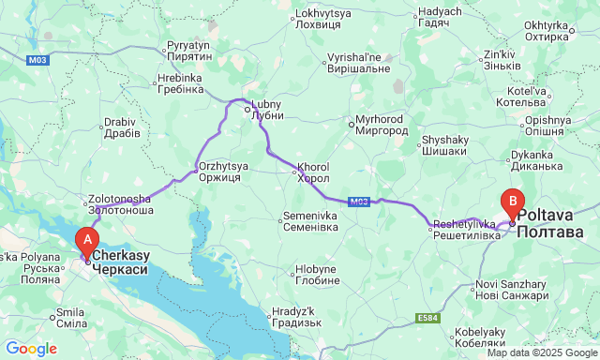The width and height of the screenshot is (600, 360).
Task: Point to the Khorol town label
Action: tap(313, 172)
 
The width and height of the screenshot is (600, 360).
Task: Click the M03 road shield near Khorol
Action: tap(357, 202)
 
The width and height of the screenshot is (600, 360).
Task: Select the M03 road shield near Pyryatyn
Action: tap(38, 59)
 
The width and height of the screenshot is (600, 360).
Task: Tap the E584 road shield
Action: tap(427, 318)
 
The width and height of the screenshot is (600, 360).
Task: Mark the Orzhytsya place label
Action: tap(223, 172)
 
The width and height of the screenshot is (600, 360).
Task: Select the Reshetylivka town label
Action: tap(464, 230)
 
